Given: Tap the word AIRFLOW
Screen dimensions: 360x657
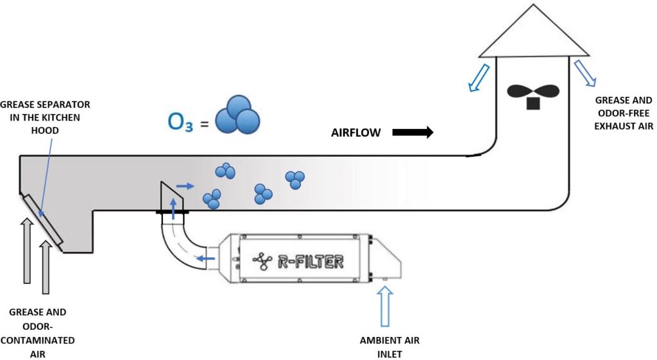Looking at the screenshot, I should [356, 133].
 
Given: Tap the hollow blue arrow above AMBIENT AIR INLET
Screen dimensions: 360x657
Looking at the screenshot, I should [385, 307].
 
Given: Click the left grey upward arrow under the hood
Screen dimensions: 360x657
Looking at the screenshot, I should [27, 250].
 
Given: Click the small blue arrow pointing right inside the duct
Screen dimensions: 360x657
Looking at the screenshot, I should [185, 186].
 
